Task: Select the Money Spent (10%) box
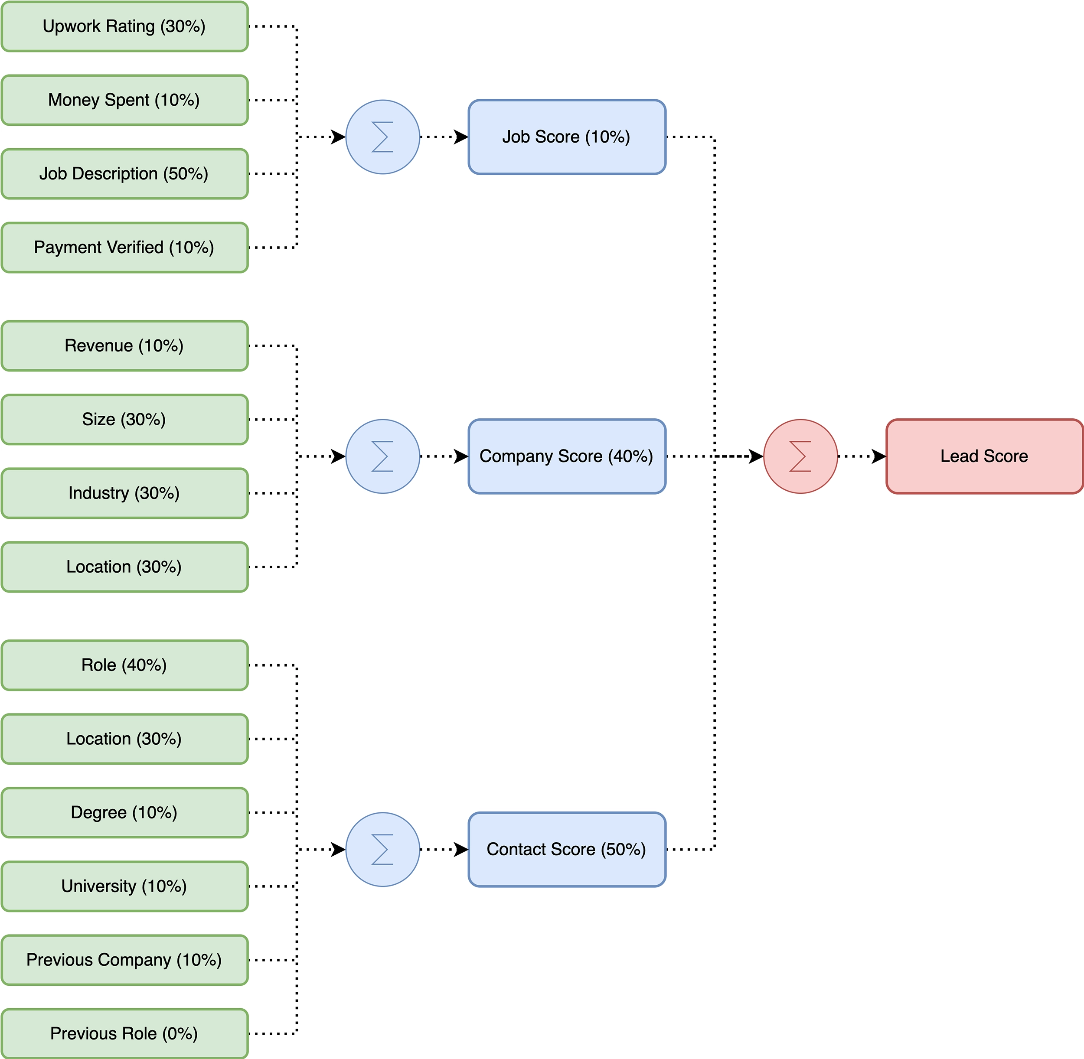[124, 100]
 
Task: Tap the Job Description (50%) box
[124, 173]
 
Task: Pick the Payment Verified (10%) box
[124, 248]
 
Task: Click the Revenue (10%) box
[124, 345]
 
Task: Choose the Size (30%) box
[124, 419]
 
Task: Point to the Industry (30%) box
[124, 493]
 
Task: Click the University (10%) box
[124, 886]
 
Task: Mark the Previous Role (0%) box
[124, 1033]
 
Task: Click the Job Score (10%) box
[566, 137]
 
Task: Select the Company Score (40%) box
[566, 456]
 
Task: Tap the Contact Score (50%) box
[566, 849]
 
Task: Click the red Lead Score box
[984, 456]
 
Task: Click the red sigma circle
[800, 456]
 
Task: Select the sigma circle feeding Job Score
[382, 137]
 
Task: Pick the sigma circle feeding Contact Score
[382, 849]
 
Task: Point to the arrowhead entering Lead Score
[879, 456]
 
